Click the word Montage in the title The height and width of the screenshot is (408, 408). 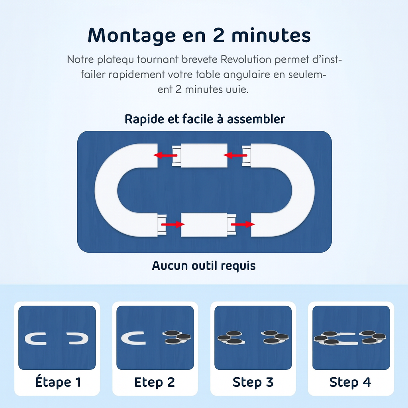131,35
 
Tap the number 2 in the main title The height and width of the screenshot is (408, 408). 219,35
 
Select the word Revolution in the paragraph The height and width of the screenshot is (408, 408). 246,59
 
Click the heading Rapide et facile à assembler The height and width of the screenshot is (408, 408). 204,119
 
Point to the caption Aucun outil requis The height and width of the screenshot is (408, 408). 204,266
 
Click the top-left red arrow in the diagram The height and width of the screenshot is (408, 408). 165,155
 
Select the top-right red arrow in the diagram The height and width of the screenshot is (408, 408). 235,155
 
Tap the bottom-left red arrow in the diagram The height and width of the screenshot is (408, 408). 173,224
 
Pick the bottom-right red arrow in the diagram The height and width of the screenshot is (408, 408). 243,224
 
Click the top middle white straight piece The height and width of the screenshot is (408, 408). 204,155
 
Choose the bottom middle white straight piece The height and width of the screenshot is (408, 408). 204,225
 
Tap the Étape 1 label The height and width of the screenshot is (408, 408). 58,382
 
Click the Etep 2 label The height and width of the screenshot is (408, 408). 155,382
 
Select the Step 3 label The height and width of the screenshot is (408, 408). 253,382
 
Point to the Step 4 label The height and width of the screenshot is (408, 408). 350,382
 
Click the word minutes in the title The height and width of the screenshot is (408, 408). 271,35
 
